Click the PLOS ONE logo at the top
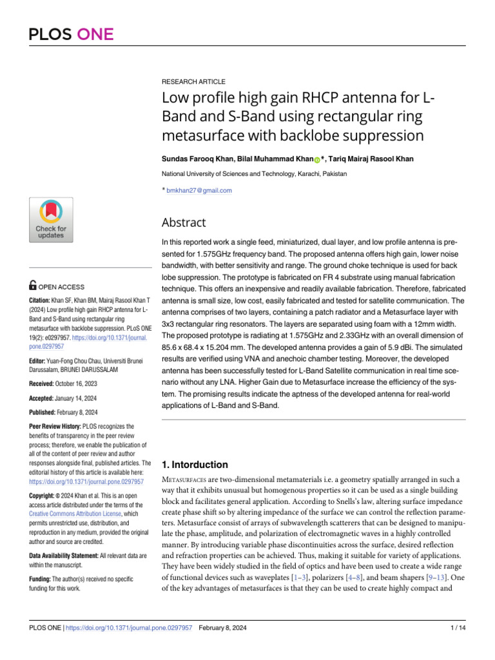click(71, 34)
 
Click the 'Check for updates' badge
click(51, 220)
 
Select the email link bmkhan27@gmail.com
click(199, 190)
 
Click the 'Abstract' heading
click(184, 223)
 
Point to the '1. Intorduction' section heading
click(194, 465)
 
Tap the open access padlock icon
click(34, 286)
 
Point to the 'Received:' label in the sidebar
click(45, 383)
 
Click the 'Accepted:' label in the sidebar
click(45, 397)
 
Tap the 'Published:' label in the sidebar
click(46, 412)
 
